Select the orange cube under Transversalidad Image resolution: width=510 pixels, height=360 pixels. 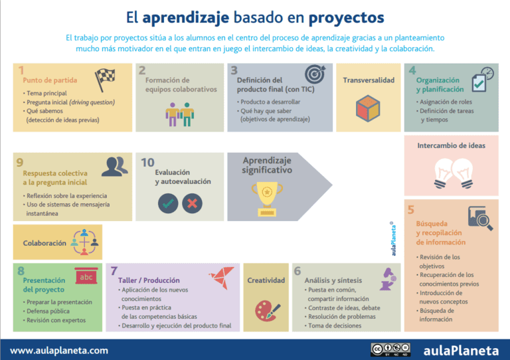368,107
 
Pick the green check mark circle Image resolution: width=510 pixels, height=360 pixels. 168,203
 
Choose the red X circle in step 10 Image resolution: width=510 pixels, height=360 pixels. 192,203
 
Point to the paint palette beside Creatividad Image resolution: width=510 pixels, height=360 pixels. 266,310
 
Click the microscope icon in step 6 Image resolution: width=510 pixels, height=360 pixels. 386,279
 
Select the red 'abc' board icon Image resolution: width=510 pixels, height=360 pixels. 86,276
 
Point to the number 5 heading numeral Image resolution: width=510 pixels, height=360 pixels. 411,210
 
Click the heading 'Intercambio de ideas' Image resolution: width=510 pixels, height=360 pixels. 451,145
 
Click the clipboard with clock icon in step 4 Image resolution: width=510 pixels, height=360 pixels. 481,80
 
